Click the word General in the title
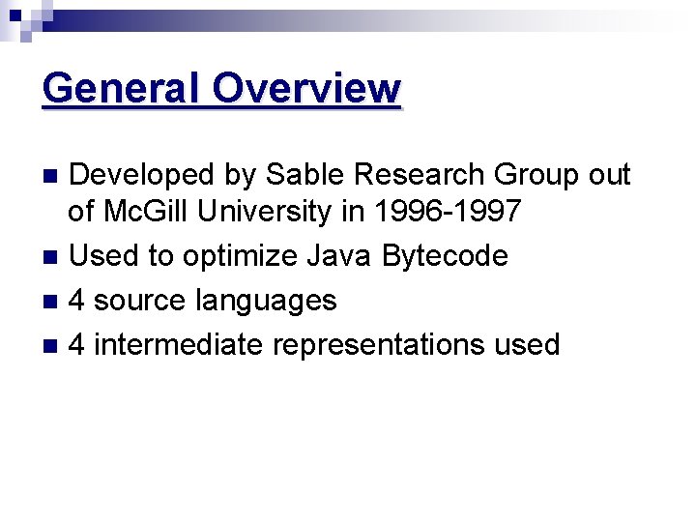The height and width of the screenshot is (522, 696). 122,89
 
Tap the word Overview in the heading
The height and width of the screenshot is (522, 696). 306,89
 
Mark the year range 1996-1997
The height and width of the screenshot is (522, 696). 454,211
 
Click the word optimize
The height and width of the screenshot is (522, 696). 240,256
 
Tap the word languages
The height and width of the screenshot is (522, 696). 266,301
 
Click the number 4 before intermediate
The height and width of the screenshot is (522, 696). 76,345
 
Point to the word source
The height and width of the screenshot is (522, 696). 140,301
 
